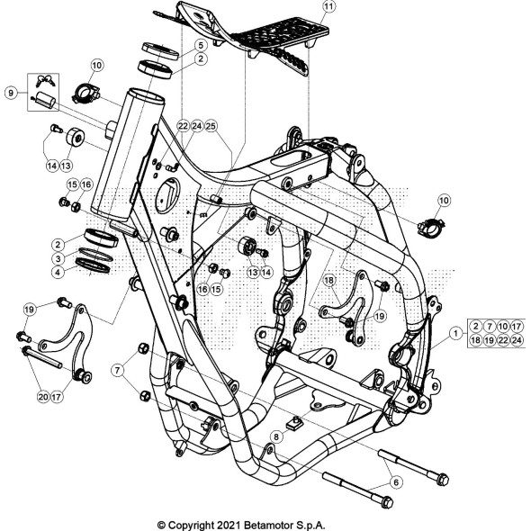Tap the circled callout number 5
click(200, 45)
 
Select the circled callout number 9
click(11, 92)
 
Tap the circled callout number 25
click(211, 127)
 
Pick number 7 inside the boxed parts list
click(490, 325)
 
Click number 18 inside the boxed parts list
click(475, 340)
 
